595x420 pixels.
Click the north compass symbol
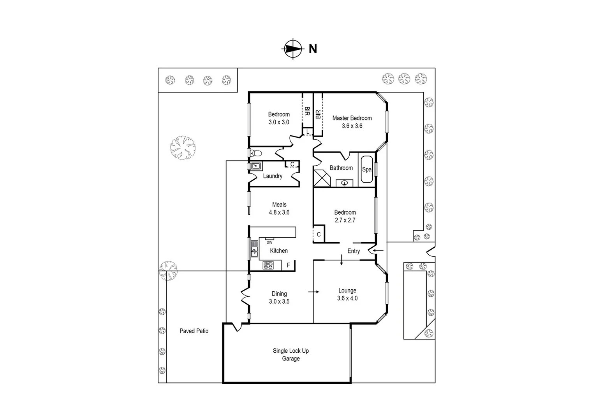pyautogui.click(x=292, y=49)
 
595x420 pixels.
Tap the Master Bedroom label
pyautogui.click(x=352, y=118)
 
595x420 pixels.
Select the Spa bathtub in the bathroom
pyautogui.click(x=367, y=170)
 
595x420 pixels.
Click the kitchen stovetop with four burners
pyautogui.click(x=268, y=266)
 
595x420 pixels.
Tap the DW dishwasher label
pyautogui.click(x=269, y=242)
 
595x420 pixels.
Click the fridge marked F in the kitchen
pyautogui.click(x=289, y=265)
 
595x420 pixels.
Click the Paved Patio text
pyautogui.click(x=194, y=331)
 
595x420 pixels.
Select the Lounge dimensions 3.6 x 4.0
pyautogui.click(x=347, y=298)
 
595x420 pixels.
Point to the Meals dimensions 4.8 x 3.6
pyautogui.click(x=279, y=212)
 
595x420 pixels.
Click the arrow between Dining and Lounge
pyautogui.click(x=313, y=292)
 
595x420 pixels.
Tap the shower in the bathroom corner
pyautogui.click(x=322, y=178)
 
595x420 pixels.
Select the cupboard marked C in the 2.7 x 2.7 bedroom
pyautogui.click(x=319, y=234)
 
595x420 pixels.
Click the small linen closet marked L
pyautogui.click(x=308, y=132)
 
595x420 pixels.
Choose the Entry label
pyautogui.click(x=354, y=251)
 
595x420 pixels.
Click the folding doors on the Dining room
pyautogui.click(x=245, y=296)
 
